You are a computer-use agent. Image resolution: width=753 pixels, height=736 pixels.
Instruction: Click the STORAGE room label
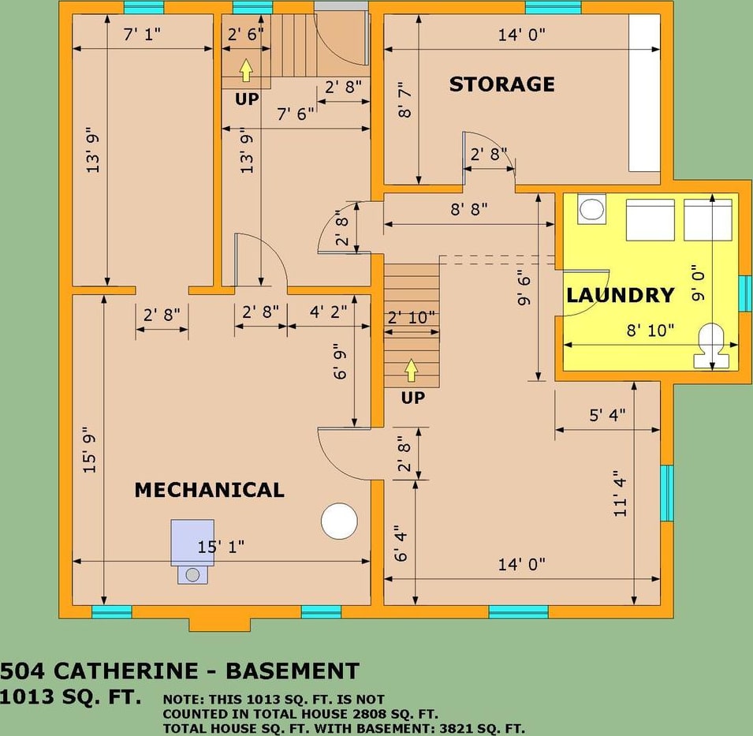(501, 84)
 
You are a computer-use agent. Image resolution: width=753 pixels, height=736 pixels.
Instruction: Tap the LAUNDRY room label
(621, 295)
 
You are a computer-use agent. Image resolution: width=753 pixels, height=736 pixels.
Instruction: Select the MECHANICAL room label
(209, 490)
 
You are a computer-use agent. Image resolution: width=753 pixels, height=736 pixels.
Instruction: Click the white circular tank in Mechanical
(339, 521)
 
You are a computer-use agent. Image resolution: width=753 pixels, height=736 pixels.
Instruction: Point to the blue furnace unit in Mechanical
(193, 544)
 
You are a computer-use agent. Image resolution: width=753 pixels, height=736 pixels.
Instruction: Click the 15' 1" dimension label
(221, 547)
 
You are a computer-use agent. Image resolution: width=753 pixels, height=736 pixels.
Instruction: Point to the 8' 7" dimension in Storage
(404, 100)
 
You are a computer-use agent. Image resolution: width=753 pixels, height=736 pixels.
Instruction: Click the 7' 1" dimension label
(142, 35)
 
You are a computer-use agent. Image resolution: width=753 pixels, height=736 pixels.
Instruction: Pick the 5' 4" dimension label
(607, 416)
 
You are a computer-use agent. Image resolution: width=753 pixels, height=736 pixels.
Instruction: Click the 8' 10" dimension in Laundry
(650, 331)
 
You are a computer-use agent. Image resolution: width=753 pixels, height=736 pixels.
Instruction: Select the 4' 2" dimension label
(328, 312)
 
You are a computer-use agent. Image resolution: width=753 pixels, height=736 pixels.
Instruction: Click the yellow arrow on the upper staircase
(246, 70)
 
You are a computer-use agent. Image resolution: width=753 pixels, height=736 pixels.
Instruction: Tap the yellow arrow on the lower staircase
(411, 369)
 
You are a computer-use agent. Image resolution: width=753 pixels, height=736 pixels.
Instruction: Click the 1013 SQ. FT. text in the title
(71, 697)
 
